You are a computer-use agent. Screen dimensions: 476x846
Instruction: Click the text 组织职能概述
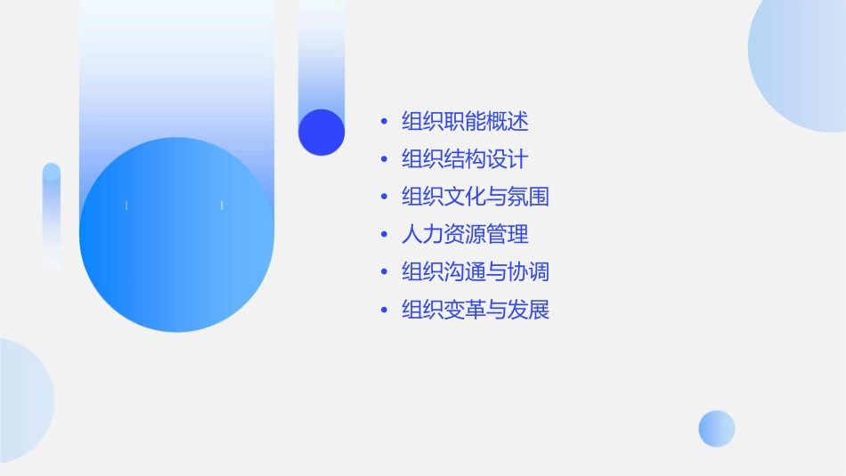click(465, 121)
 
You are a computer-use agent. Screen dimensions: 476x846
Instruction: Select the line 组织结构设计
click(465, 159)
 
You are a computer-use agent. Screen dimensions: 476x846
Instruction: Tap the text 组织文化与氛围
click(476, 197)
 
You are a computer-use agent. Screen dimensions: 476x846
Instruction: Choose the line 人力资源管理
click(465, 234)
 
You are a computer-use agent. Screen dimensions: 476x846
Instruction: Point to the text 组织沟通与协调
click(476, 271)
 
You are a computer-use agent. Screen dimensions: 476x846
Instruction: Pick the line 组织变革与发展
click(476, 310)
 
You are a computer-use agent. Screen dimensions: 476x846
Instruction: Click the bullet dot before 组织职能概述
click(384, 122)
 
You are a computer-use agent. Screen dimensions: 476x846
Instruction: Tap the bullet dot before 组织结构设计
click(384, 160)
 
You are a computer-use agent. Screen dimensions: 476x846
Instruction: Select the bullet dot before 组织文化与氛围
click(384, 198)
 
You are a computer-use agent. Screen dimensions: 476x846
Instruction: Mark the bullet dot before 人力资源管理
click(384, 235)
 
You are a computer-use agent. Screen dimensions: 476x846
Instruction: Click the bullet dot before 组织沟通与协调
click(384, 272)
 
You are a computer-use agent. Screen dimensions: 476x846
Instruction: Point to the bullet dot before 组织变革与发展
click(384, 311)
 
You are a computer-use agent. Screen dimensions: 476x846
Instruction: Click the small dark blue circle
click(321, 132)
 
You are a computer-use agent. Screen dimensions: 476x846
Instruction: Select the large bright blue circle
click(176, 235)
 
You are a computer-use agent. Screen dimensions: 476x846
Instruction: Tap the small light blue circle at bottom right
click(717, 429)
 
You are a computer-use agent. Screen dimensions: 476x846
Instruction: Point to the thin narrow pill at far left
click(52, 216)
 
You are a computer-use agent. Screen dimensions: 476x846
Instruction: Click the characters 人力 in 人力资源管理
click(422, 234)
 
